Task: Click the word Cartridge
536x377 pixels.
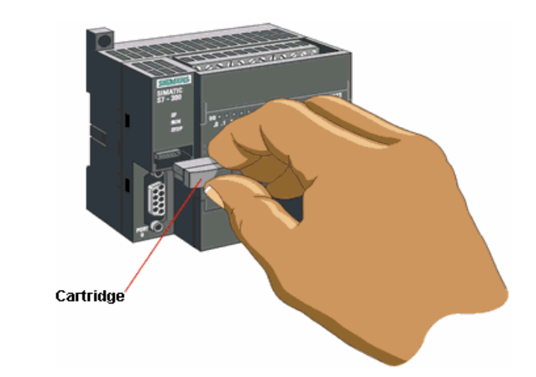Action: (89, 296)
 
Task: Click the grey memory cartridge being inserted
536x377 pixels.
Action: (192, 173)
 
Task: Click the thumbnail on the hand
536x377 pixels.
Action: (216, 197)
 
